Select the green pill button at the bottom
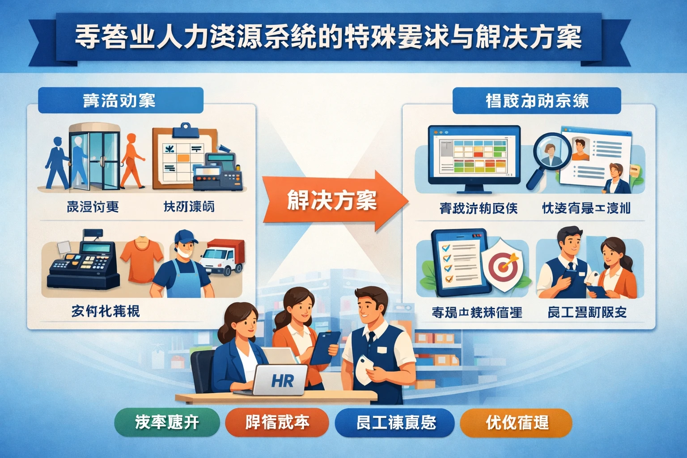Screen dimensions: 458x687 [x=167, y=422]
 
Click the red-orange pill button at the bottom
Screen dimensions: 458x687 [x=277, y=422]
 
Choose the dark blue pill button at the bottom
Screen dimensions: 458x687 [x=395, y=422]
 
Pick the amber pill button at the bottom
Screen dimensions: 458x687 [x=516, y=422]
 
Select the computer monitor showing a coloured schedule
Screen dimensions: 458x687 [x=474, y=154]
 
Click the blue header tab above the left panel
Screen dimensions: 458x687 [x=120, y=100]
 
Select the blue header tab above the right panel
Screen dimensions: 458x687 [x=536, y=101]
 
